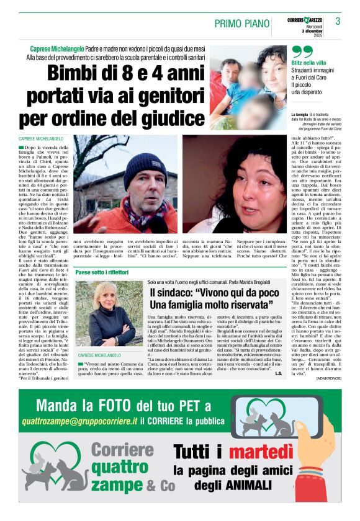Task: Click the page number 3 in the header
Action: tap(338, 22)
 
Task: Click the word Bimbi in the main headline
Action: tap(76, 74)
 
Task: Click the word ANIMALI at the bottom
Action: tap(242, 500)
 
